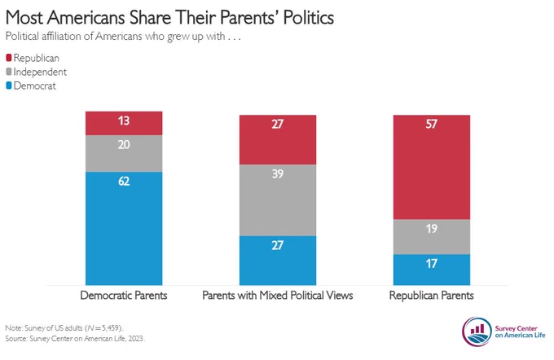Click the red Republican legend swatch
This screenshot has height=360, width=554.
[x=9, y=58]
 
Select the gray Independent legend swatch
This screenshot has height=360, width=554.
[x=9, y=72]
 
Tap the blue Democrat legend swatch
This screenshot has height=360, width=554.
[x=9, y=86]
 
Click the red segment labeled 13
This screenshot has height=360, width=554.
[x=124, y=123]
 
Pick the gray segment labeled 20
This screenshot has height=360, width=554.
[x=124, y=154]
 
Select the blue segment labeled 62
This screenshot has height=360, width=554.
[x=124, y=229]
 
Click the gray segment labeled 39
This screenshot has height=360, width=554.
[x=278, y=200]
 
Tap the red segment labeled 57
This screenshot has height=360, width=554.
[x=432, y=168]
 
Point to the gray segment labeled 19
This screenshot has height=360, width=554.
[x=432, y=237]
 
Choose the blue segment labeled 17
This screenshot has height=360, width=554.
[x=432, y=270]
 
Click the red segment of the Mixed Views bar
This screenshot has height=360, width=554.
[x=278, y=140]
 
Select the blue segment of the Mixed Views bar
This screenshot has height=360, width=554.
[x=278, y=261]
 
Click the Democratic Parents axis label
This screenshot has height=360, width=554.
[x=124, y=296]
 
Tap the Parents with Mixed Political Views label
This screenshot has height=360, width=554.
[x=278, y=296]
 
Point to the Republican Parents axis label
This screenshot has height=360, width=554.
[x=432, y=296]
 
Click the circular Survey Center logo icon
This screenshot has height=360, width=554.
[x=477, y=331]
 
